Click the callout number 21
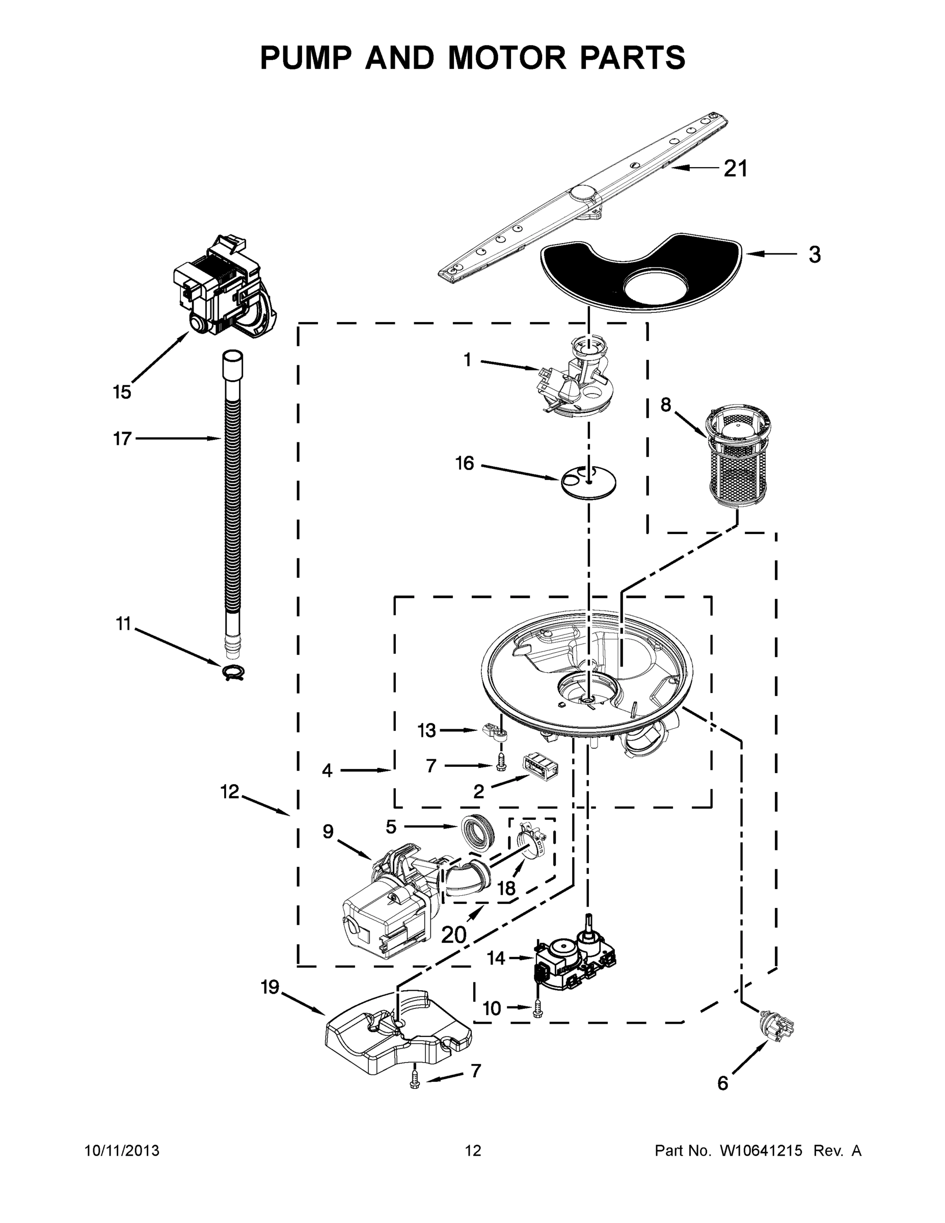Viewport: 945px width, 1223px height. [736, 169]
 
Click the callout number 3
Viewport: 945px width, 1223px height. [815, 255]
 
